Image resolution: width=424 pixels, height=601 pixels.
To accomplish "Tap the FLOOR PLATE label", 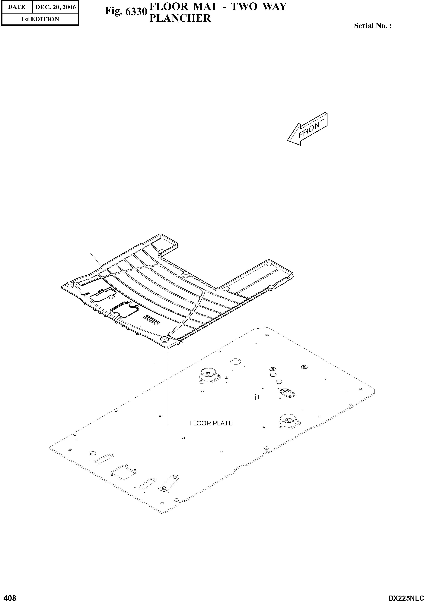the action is (x=211, y=423).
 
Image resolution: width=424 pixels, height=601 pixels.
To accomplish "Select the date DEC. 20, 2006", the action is (x=56, y=7).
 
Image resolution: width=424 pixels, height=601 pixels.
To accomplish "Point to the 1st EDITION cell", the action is (x=40, y=19).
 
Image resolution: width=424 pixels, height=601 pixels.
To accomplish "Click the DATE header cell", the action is (x=17, y=7).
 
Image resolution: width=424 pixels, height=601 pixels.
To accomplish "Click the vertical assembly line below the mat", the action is (x=168, y=387).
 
